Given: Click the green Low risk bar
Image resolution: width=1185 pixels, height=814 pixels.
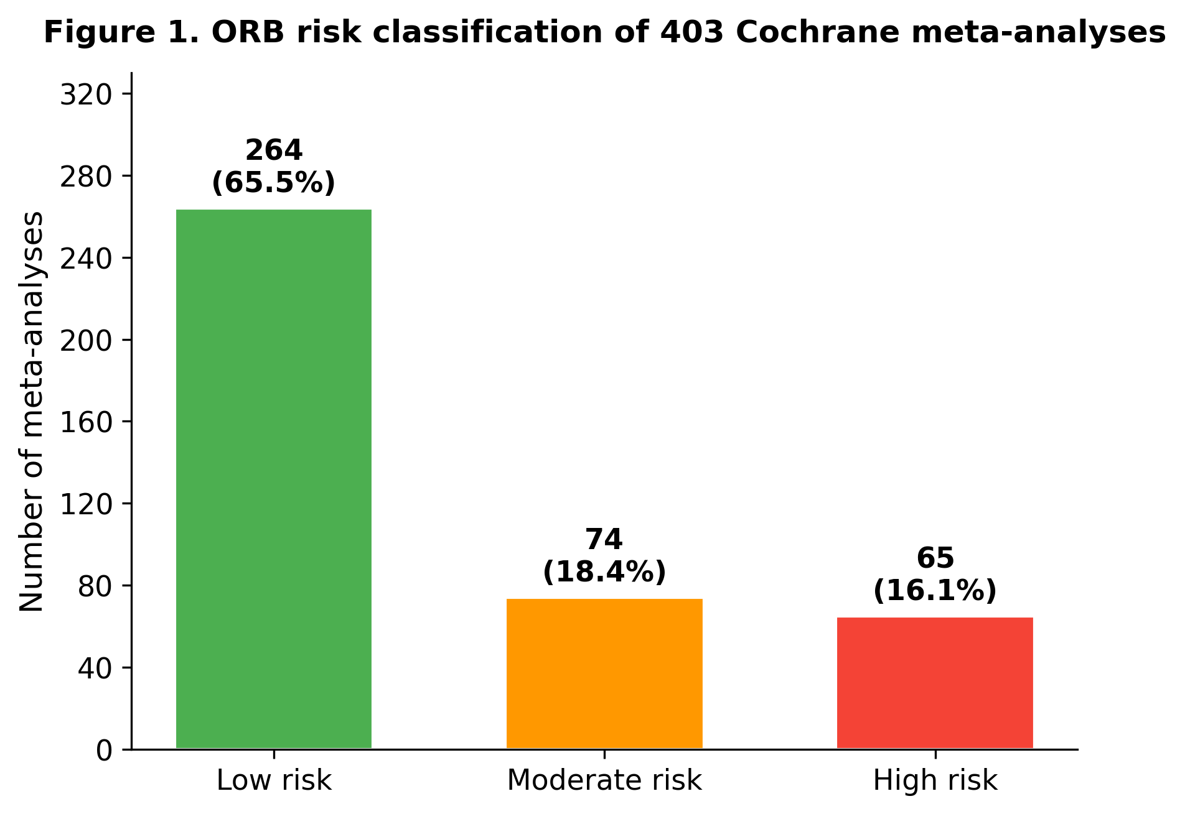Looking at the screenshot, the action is [x=274, y=479].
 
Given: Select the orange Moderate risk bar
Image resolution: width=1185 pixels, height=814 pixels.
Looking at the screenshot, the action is [x=604, y=673].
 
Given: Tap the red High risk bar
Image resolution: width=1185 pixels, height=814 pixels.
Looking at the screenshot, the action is [x=935, y=683].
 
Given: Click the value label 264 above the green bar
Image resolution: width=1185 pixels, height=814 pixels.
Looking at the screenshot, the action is [x=274, y=150].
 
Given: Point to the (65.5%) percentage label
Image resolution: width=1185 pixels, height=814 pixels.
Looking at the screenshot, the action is [x=274, y=182].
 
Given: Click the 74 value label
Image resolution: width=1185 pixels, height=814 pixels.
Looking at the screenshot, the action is [x=604, y=540].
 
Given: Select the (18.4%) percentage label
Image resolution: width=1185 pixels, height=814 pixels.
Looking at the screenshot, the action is [x=604, y=571].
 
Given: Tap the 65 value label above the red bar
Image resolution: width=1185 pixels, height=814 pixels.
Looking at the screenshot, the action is [x=935, y=558].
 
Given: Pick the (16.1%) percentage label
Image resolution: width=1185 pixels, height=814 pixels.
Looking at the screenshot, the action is [x=935, y=590].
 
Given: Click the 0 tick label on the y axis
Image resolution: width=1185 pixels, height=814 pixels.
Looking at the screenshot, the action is [x=105, y=751].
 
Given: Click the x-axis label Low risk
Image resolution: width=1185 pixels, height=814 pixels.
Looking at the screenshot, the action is [x=274, y=780].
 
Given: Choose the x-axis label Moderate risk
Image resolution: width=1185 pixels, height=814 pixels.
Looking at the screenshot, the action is [x=604, y=780].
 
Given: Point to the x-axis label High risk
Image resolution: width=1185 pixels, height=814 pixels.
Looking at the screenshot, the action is [x=935, y=780].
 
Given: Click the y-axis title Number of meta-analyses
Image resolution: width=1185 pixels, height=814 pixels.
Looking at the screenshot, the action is [x=32, y=412].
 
